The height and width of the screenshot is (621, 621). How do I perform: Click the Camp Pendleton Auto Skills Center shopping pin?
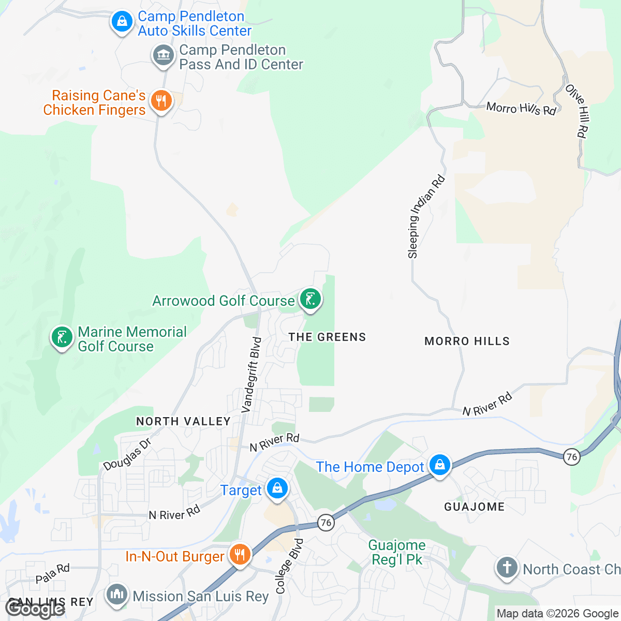point(122,22)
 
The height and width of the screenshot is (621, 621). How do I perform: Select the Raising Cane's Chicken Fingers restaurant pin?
point(161,101)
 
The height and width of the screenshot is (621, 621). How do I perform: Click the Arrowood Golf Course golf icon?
point(310,299)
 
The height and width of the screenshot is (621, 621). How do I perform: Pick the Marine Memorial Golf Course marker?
point(62,337)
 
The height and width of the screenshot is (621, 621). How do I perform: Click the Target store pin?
point(277,488)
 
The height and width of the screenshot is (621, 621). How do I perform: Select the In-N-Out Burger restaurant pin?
point(239,555)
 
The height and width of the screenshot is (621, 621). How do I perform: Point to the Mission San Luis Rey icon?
point(116,595)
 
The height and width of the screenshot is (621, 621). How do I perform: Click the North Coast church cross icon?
point(507,568)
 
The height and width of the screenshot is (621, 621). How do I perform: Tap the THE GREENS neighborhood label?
point(327,337)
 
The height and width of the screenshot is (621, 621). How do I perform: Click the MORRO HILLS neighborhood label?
point(467,341)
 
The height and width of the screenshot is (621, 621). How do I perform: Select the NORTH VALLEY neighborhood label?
point(183,421)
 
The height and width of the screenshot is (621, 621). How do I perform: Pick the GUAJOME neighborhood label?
point(474,507)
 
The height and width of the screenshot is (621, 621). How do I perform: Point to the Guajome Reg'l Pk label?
point(397,552)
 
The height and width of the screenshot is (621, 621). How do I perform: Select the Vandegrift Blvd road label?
point(252,375)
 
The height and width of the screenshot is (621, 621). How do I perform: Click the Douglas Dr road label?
point(127,454)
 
